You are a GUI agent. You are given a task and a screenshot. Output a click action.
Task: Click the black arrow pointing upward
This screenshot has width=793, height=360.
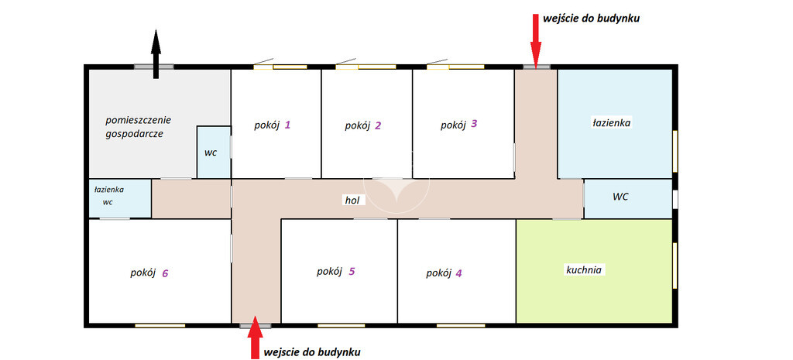pos(156,54)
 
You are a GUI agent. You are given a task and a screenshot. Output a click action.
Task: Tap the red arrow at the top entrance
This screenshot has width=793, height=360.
pos(536,38)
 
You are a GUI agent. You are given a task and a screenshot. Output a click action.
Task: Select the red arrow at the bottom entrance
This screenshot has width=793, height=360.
pos(256,337)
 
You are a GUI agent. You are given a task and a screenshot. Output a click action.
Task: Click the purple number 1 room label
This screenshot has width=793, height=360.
pos(287,125)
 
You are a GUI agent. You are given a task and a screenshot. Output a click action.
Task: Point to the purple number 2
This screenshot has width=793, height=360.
pos(378,126)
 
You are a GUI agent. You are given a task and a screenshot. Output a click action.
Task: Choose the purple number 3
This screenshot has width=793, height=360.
pos(473,123)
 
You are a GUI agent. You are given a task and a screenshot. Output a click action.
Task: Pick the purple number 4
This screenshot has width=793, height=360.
pos(458,273)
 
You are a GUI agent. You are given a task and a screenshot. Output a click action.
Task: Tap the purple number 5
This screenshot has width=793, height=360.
pos(352,272)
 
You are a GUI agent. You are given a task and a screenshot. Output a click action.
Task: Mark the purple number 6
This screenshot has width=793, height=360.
pos(165,273)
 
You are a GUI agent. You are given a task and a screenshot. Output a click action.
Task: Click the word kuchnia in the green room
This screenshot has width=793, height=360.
pos(583,270)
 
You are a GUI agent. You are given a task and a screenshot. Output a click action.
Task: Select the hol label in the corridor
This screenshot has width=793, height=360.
pos(352,201)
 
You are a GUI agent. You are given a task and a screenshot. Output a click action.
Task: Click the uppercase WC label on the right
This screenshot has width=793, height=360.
pos(620,197)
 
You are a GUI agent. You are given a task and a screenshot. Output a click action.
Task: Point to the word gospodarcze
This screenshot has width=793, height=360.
pos(135,135)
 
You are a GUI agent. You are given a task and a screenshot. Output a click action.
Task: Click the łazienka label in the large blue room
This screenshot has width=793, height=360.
pos(611,122)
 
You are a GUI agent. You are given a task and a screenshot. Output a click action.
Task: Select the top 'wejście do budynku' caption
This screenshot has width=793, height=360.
pos(592,19)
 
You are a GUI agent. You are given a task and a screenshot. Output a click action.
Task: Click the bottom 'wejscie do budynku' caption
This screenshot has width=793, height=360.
pos(313,351)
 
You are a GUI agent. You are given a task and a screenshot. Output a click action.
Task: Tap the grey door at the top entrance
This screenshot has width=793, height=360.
pos(537,67)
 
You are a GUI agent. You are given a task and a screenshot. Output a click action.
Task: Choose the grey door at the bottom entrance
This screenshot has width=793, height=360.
pos(256,326)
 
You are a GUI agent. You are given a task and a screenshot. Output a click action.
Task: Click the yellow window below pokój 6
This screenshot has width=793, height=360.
pos(160,326)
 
